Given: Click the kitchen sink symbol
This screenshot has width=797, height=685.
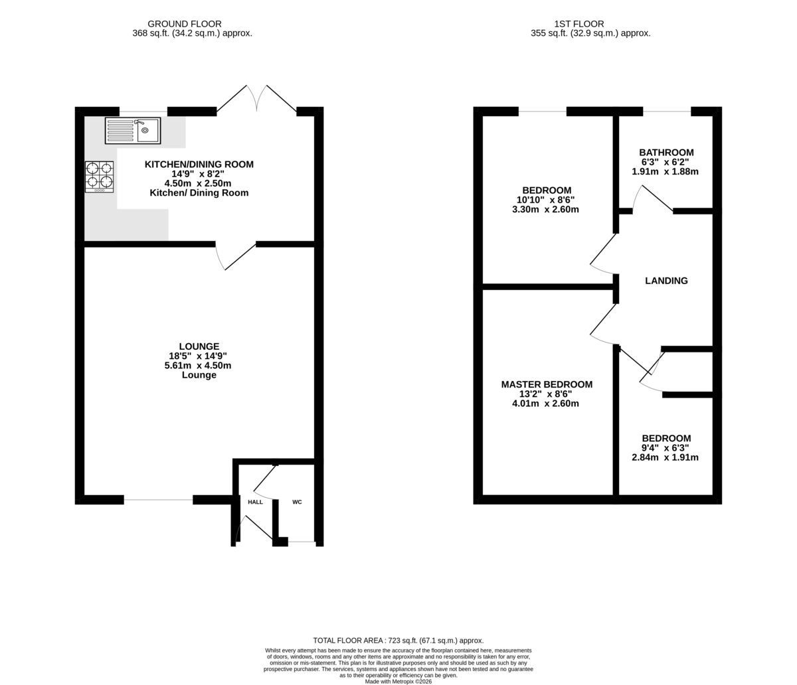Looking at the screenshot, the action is point(133,131).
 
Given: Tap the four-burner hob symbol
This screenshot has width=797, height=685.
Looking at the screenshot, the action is point(100,177).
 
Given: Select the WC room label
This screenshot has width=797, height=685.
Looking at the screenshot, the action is point(297,502).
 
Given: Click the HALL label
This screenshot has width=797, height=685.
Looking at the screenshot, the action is point(255,502).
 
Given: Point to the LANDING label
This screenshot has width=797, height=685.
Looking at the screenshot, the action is point(666,281).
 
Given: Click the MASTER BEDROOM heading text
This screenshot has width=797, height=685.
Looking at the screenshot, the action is point(547,384).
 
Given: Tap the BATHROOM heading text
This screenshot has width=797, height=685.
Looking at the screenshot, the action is point(666,153).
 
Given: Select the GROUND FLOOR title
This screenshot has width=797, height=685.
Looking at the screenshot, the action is point(185,24).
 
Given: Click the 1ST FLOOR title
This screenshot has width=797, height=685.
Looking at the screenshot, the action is point(579,24).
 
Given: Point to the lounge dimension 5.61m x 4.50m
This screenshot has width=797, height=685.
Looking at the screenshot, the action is point(198,366).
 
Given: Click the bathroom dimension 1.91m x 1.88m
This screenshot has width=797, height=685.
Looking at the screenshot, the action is point(665,172).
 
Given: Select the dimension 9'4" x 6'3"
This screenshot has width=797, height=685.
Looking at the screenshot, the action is point(665,448).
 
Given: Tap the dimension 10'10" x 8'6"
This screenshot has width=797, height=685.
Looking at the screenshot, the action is point(545,200).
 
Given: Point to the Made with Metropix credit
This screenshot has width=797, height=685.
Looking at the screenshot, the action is point(398,682).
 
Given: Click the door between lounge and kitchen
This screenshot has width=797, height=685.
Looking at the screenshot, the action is point(235,256).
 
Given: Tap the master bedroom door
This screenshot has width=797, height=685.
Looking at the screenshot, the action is point(604,324).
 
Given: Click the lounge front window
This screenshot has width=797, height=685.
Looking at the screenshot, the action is point(158,500).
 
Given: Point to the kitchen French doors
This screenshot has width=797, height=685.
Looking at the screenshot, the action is point(256,99).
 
